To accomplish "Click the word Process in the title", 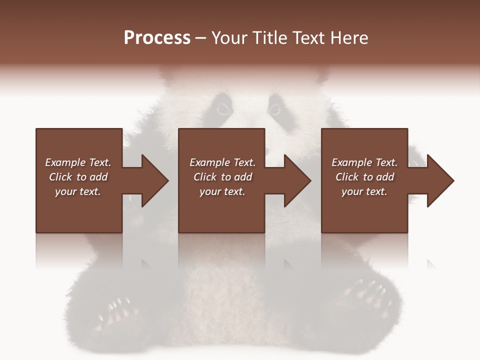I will tap(157, 38).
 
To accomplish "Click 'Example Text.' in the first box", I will tap(78, 162).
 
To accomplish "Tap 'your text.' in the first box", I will tap(78, 191).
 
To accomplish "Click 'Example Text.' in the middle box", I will tap(222, 162).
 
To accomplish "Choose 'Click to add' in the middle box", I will tap(222, 177).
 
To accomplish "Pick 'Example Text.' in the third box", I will tap(364, 162).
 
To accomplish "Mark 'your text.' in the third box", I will tap(364, 191).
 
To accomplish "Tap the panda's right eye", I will tap(274, 108).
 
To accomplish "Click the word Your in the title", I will tap(229, 38).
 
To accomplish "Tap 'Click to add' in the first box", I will tap(78, 177).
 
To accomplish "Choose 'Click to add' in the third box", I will tap(364, 177).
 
